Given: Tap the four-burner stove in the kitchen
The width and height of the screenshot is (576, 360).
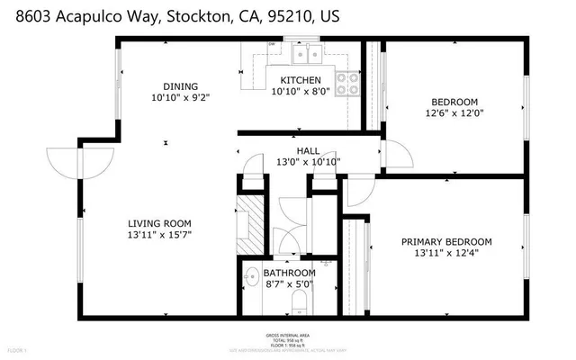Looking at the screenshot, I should tap(348, 83).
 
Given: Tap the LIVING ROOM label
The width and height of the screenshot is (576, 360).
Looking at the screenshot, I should tap(158, 223).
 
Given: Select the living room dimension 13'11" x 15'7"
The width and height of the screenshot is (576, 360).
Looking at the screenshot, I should tap(158, 234).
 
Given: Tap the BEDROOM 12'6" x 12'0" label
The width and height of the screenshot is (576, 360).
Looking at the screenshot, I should tap(454, 102).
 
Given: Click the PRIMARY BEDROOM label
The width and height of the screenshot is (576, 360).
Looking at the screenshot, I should tap(446, 241).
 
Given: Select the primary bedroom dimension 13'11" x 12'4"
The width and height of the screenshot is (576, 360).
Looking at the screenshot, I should tap(446, 253).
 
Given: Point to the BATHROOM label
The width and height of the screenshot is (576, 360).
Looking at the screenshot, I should tap(289, 273).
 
